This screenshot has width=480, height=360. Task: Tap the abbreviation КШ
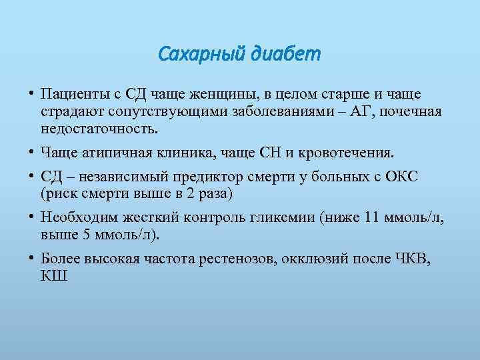tap(54, 276)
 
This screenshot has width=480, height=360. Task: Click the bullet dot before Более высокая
tap(31, 259)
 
